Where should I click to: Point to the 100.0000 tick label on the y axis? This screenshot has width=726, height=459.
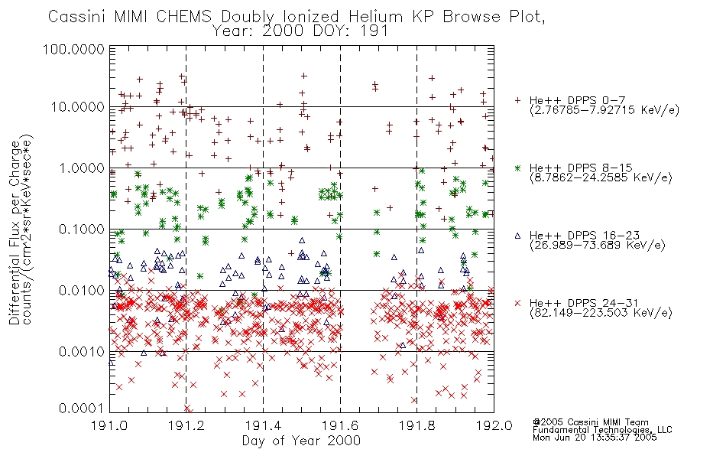(x=73, y=49)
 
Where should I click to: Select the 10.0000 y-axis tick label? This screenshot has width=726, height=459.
(x=78, y=107)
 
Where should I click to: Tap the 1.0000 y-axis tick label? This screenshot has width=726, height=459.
(x=82, y=168)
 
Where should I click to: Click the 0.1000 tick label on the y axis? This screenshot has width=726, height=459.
(x=82, y=229)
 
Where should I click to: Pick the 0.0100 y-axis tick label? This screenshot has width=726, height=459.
(x=82, y=291)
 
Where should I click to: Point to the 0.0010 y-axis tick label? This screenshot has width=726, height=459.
(x=82, y=352)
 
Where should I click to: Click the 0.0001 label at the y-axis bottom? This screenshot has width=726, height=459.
(x=82, y=409)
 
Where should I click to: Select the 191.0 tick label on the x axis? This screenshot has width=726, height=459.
(x=109, y=425)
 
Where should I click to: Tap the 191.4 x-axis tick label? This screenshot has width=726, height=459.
(x=263, y=425)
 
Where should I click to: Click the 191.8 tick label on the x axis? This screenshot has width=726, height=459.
(x=416, y=425)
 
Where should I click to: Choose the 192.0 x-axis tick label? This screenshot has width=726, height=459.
(x=494, y=425)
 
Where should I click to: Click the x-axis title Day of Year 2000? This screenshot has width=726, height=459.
(x=301, y=441)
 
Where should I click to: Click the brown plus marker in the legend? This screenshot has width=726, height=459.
(x=518, y=100)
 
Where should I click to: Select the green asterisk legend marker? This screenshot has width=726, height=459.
(x=518, y=168)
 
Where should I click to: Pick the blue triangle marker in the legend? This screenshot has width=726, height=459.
(x=518, y=236)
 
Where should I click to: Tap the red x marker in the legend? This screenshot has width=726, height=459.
(x=518, y=303)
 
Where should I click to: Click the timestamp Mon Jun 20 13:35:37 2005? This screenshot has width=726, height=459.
(x=595, y=438)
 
